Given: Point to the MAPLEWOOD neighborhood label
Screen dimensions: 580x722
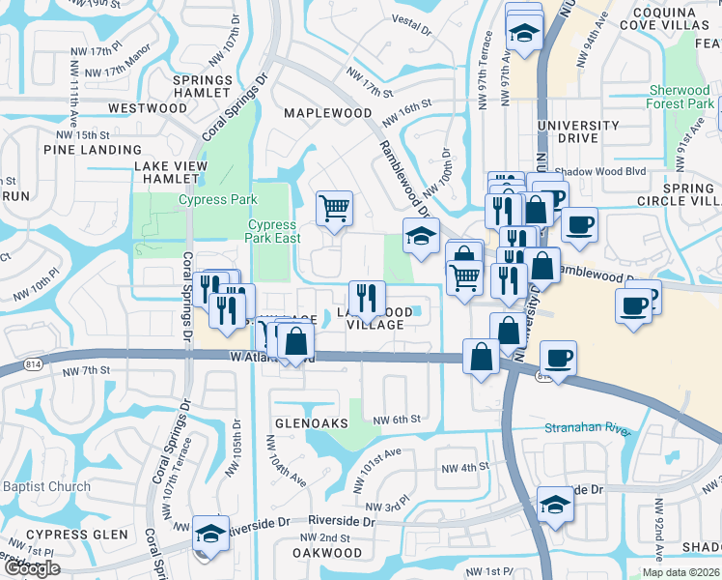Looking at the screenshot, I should (x=327, y=113).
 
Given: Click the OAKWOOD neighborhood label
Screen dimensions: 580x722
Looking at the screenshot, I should (x=329, y=554).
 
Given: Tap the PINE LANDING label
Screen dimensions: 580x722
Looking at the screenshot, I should (x=93, y=150).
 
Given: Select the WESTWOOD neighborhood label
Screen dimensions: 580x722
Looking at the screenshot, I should (x=147, y=108).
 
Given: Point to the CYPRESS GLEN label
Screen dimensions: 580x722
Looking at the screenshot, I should (x=77, y=535).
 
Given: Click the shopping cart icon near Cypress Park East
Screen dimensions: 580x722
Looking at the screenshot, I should (x=334, y=207).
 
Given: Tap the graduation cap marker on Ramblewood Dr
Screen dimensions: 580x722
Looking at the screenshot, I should (x=420, y=236).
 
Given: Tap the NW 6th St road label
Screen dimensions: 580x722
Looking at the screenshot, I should (x=398, y=419).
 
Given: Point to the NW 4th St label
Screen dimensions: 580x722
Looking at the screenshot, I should (x=466, y=468).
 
